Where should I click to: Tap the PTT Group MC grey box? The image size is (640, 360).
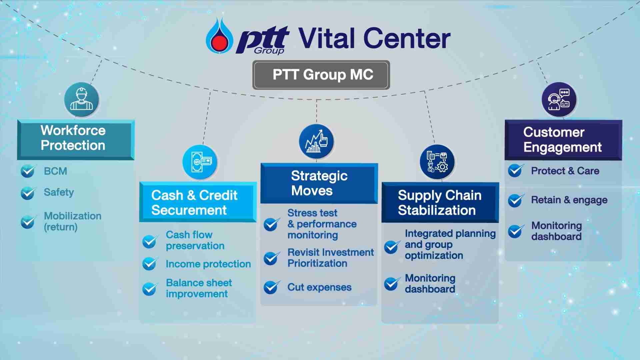click(321, 75)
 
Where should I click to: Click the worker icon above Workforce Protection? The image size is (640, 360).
click(81, 99)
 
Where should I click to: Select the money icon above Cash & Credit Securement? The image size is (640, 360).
click(200, 162)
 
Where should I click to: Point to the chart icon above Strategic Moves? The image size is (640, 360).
click(316, 141)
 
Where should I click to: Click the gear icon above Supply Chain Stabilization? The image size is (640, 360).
click(437, 162)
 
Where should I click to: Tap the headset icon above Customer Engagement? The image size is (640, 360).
click(559, 99)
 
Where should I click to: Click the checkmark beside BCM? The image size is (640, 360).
click(28, 171)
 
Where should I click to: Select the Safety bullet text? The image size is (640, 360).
click(59, 192)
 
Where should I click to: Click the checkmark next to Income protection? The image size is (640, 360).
click(150, 264)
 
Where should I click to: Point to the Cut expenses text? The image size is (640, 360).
click(319, 287)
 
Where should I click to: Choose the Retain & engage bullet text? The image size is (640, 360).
click(569, 200)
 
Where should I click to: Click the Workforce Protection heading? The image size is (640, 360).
click(73, 138)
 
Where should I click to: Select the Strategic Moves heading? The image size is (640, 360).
click(319, 183)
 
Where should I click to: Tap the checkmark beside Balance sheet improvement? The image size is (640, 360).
click(150, 289)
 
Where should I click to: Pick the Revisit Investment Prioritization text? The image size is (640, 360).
click(331, 258)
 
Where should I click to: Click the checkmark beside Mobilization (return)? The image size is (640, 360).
click(28, 222)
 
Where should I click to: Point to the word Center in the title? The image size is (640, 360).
click(407, 38)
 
